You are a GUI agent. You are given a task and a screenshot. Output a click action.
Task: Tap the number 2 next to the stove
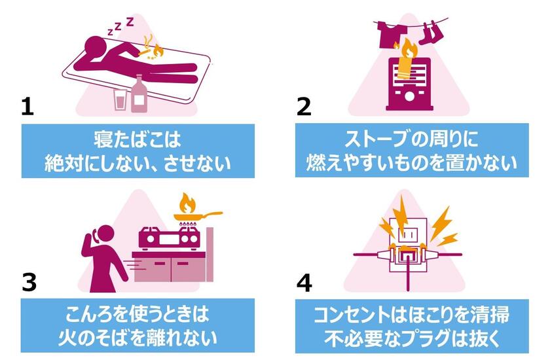pyautogui.click(x=304, y=105)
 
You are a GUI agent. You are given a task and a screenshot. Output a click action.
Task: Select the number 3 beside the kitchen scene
pyautogui.click(x=28, y=281)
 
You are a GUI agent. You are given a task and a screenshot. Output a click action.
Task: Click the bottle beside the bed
pyautogui.click(x=139, y=94)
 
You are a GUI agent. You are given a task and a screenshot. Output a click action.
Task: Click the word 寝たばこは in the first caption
pyautogui.click(x=136, y=139)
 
